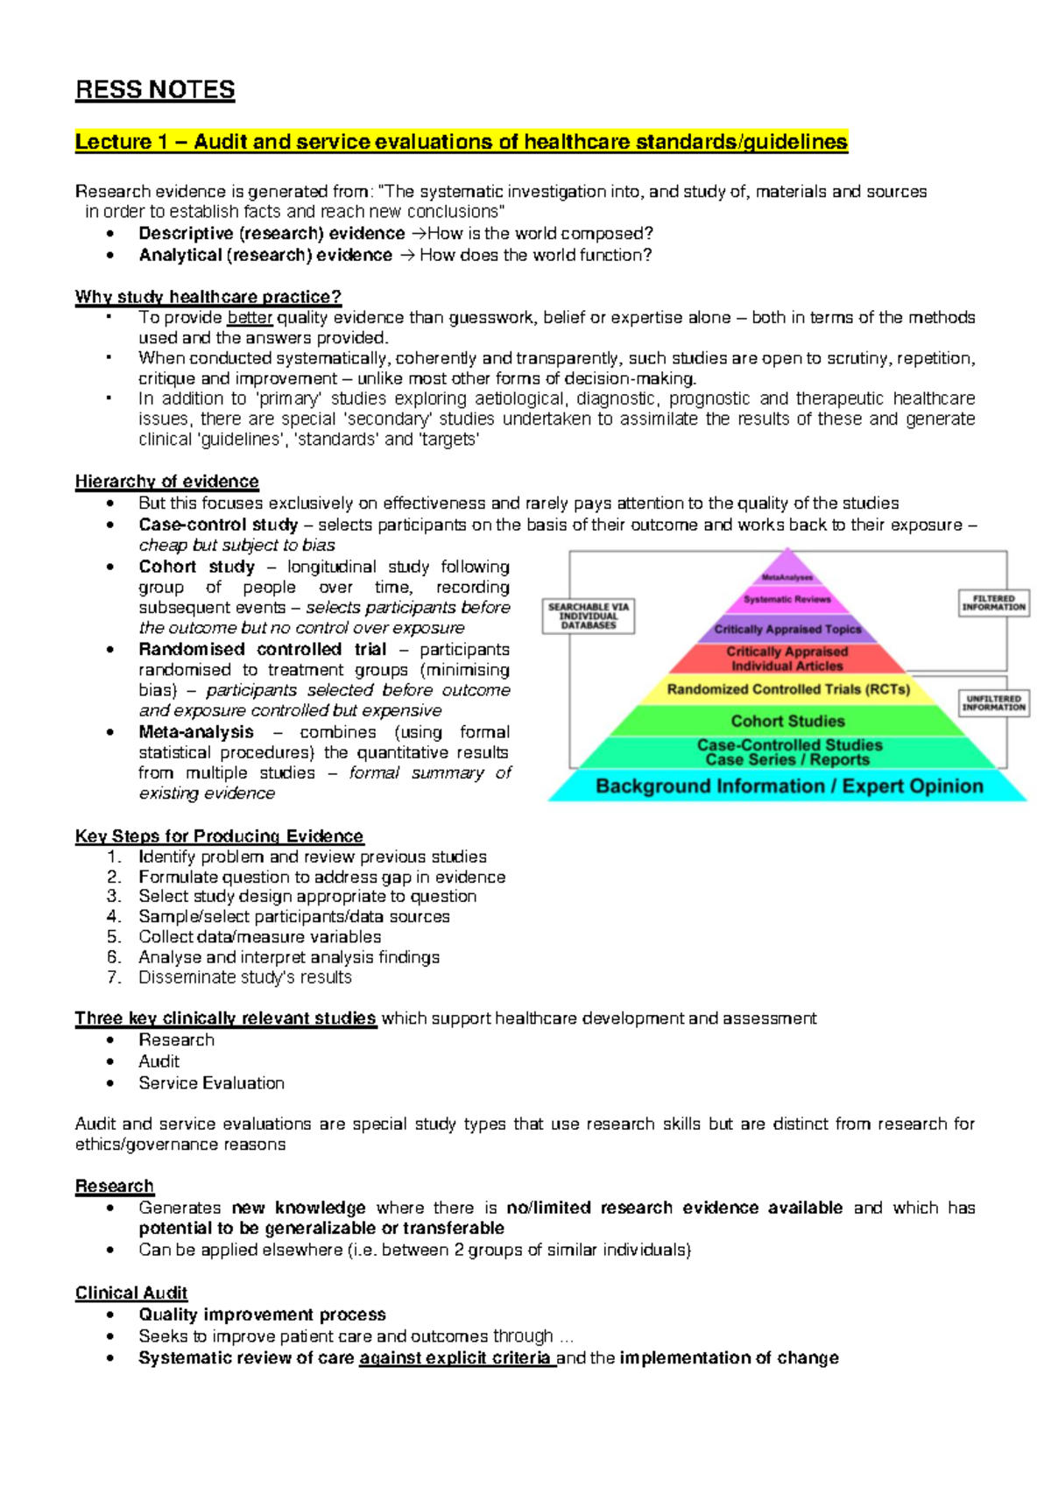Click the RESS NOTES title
[x=155, y=90]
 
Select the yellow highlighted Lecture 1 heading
[x=461, y=142]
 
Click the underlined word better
[x=250, y=318]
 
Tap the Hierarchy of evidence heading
[x=166, y=482]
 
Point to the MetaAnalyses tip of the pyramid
[x=787, y=576]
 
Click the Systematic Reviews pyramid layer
[x=787, y=600]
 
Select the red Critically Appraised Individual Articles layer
[x=787, y=659]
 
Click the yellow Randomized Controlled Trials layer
[x=788, y=690]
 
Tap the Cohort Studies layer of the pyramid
[x=787, y=722]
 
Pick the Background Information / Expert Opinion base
[x=788, y=786]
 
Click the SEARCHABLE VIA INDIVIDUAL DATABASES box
[x=589, y=616]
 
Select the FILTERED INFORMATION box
[x=993, y=603]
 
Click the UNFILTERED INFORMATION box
[x=993, y=703]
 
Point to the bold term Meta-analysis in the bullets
[x=196, y=732]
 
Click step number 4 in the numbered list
[x=114, y=917]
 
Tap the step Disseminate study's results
[x=244, y=977]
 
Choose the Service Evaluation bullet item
[x=211, y=1083]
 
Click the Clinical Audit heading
[x=131, y=1293]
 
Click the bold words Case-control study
[x=218, y=525]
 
